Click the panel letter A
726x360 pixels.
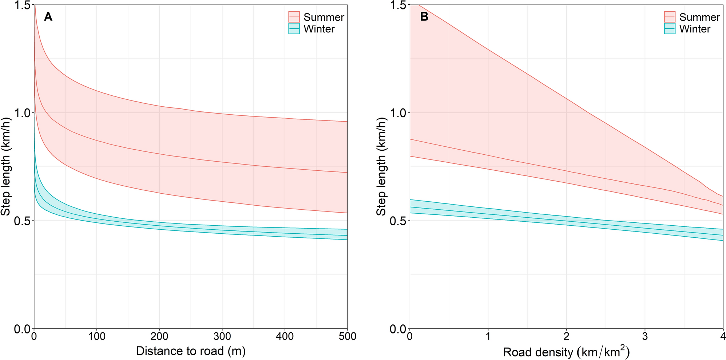coord(48,17)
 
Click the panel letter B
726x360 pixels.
coord(424,17)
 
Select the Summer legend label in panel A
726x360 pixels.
coord(324,17)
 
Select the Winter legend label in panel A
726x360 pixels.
coord(319,29)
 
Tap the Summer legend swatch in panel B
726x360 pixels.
coord(670,17)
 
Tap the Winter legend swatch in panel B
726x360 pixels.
coord(670,29)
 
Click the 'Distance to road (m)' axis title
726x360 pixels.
coord(191,351)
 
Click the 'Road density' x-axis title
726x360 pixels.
coord(566,352)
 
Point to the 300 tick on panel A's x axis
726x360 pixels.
coord(222,336)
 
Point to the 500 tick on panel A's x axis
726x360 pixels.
coord(347,336)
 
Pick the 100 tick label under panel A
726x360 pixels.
coord(97,336)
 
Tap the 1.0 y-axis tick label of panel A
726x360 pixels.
coord(23,113)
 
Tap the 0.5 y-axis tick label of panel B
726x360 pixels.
coord(398,221)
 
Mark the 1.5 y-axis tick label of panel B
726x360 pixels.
coord(398,5)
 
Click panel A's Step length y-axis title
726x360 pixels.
coord(6,167)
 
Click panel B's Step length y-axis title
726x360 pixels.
coord(381,167)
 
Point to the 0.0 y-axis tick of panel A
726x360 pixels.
coord(23,329)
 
